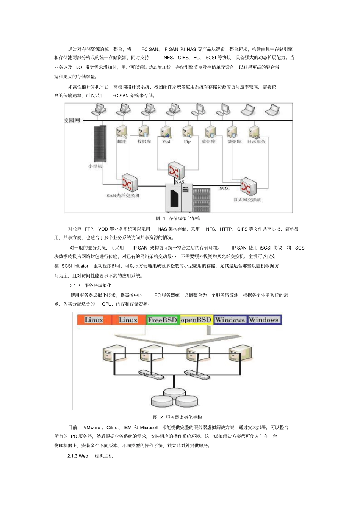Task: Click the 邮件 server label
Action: click(122, 141)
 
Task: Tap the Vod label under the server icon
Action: click(166, 141)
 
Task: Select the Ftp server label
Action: click(187, 141)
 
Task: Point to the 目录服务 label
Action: click(256, 141)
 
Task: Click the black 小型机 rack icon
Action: click(100, 143)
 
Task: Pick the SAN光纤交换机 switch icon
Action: click(129, 183)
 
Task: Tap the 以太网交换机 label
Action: click(247, 200)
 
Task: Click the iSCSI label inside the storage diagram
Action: click(224, 188)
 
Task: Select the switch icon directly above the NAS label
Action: click(176, 171)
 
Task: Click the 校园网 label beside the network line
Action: click(72, 120)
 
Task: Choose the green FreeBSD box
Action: click(162, 320)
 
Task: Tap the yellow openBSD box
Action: click(196, 320)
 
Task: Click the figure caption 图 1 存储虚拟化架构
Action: click(178, 218)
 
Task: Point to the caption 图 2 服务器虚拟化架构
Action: click(177, 417)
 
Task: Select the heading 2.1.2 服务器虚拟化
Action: click(91, 286)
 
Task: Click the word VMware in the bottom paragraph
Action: click(92, 427)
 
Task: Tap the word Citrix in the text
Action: click(112, 427)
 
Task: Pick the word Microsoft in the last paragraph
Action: click(149, 427)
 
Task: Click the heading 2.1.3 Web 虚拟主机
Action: click(90, 456)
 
